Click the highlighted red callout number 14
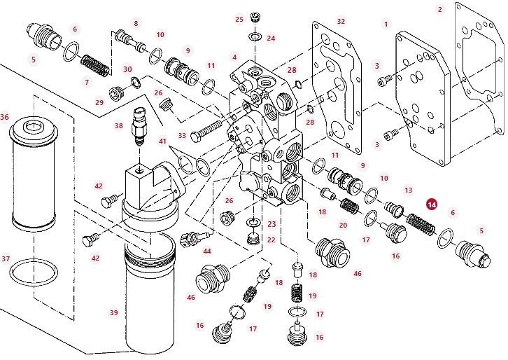(432, 205)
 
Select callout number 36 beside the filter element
(4, 117)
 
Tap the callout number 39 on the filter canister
(113, 312)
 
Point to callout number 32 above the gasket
(341, 22)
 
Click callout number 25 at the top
(239, 20)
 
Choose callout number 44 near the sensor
(206, 251)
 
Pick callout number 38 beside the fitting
(118, 125)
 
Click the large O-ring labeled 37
(34, 271)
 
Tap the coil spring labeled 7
(95, 66)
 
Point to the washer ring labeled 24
(255, 36)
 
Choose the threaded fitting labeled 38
(139, 127)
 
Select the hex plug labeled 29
(117, 94)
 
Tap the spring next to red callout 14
(421, 224)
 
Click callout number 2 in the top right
(439, 9)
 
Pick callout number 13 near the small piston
(408, 190)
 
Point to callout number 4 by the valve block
(234, 57)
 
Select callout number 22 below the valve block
(271, 240)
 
